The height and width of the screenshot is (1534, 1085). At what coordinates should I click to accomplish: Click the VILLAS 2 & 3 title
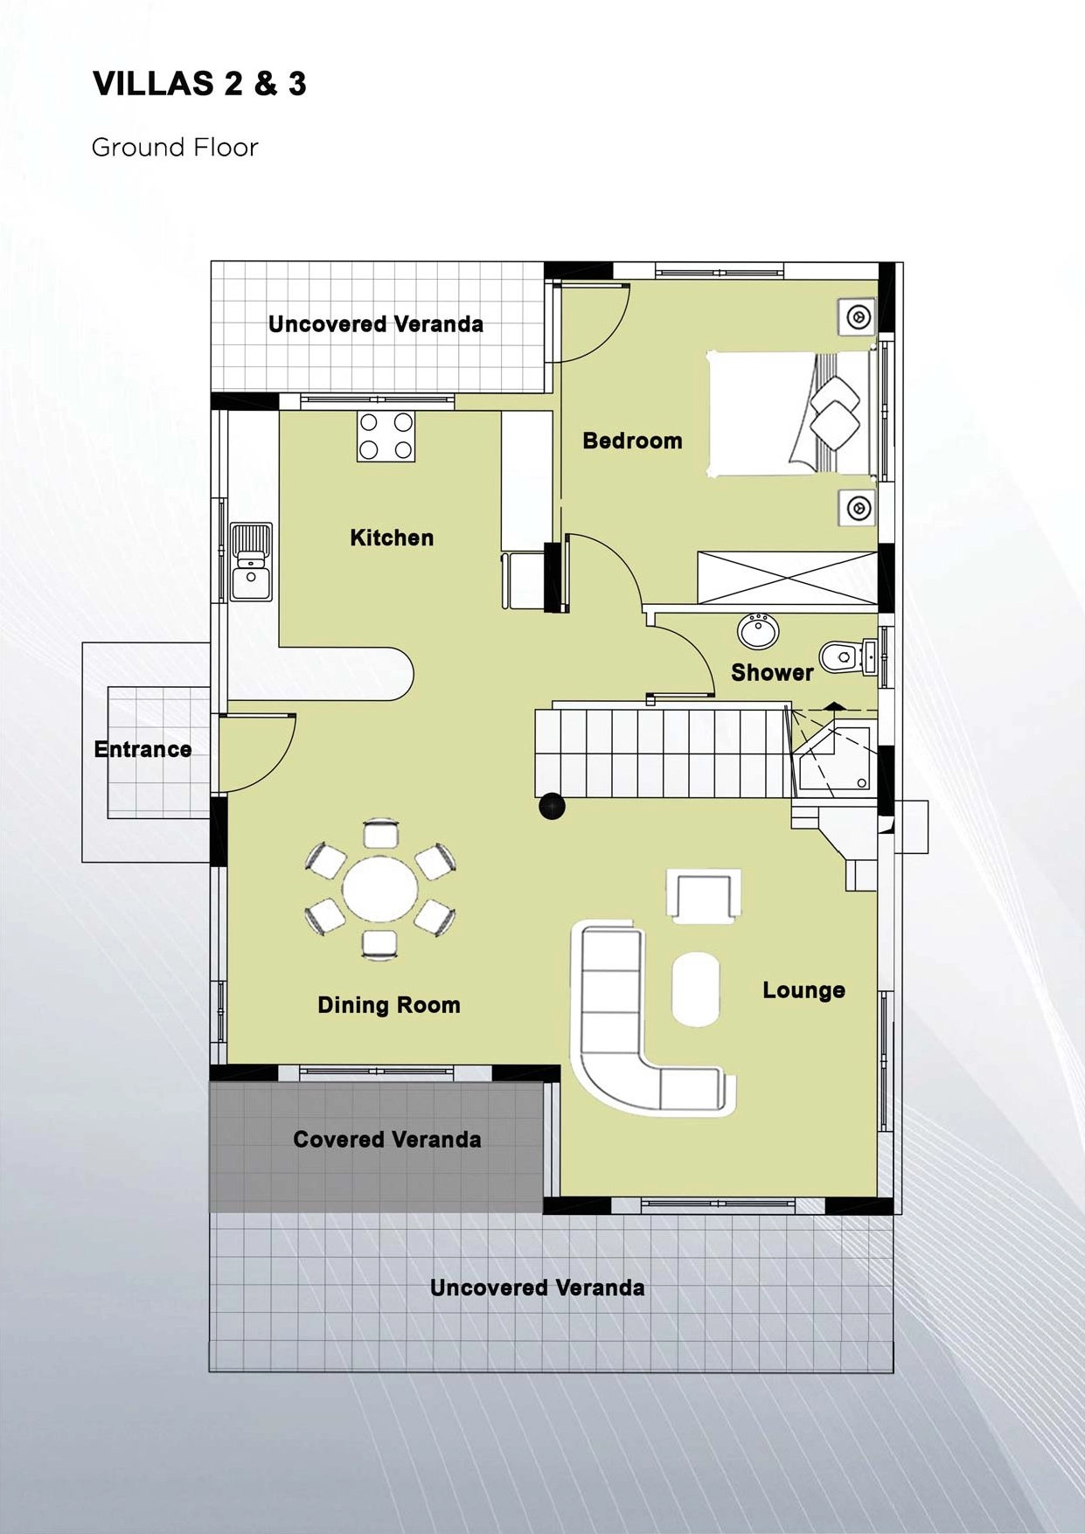(x=199, y=84)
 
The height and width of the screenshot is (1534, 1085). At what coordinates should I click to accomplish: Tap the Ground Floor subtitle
(x=175, y=147)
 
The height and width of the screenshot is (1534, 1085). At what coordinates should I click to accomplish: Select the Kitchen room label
(x=392, y=538)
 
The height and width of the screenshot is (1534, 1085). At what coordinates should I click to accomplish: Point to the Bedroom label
(x=632, y=441)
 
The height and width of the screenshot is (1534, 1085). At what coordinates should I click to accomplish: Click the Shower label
(x=772, y=672)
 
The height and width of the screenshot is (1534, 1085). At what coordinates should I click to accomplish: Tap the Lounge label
(x=803, y=990)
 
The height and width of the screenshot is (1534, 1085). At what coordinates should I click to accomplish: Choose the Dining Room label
(x=389, y=1005)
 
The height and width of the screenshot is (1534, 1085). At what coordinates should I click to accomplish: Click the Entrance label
(x=143, y=749)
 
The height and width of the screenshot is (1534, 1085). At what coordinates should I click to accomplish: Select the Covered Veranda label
(x=387, y=1139)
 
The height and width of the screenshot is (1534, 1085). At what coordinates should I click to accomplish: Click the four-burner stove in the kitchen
(x=386, y=435)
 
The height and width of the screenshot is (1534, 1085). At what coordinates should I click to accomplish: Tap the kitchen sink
(x=252, y=562)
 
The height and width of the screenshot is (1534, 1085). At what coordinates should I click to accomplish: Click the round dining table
(x=380, y=890)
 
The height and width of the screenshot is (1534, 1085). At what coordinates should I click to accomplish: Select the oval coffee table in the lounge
(x=697, y=989)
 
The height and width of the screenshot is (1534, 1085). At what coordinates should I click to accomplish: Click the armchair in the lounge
(x=705, y=895)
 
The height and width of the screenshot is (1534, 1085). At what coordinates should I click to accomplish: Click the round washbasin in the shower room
(x=759, y=631)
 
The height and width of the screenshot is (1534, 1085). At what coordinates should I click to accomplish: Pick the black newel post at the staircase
(x=552, y=806)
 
